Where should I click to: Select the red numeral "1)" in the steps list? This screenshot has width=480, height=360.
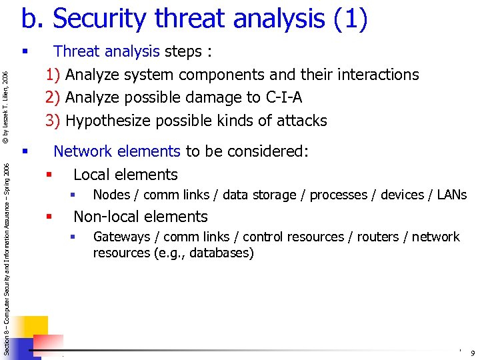(53, 75)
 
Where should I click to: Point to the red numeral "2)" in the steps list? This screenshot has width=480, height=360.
(53, 97)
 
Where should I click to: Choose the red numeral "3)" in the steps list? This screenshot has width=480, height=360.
(53, 121)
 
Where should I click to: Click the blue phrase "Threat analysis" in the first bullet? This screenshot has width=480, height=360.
(106, 51)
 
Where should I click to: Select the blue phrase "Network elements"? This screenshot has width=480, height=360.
(117, 151)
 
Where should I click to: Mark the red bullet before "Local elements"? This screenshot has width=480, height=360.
(49, 175)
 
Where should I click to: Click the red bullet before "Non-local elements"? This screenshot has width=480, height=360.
(49, 217)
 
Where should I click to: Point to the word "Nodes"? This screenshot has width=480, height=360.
(111, 195)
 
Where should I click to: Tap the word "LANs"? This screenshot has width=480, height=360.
(452, 195)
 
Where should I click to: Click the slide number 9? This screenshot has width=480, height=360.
(472, 353)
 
